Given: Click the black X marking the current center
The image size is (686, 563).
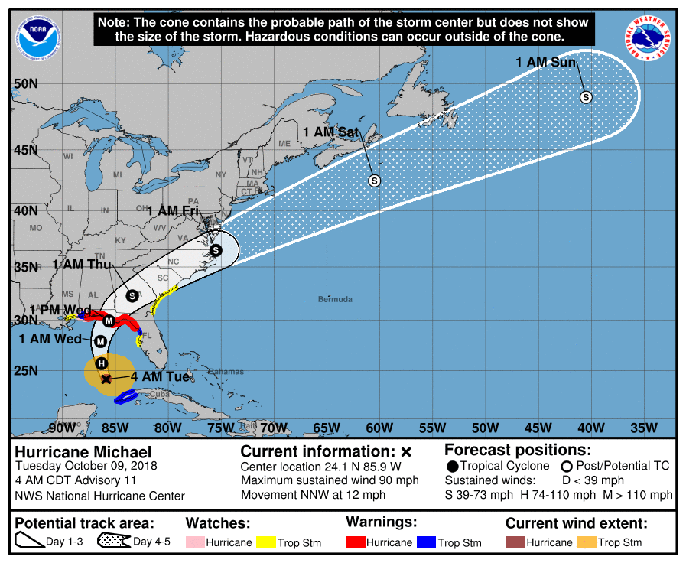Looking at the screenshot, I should [x=106, y=379].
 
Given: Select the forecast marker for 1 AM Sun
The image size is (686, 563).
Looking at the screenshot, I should [x=587, y=97].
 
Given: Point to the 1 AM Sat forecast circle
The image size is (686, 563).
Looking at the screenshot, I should [x=375, y=181].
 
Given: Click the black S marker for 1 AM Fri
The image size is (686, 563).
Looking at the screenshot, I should [x=216, y=250].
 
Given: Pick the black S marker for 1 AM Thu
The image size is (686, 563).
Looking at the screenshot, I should [x=132, y=295].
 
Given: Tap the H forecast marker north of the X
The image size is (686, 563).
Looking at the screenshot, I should [x=101, y=363].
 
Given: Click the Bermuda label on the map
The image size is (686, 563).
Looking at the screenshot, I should [x=335, y=299].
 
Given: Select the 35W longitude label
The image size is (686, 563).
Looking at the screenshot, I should [x=644, y=428].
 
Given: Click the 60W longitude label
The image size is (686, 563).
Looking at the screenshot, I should [x=379, y=428].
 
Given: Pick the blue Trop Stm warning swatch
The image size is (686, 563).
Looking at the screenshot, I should [x=426, y=542].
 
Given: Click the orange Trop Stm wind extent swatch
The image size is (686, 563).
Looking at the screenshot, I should [x=585, y=542].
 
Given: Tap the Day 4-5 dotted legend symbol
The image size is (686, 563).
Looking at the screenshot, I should [x=114, y=542].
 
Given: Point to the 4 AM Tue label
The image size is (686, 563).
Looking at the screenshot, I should [x=160, y=377].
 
